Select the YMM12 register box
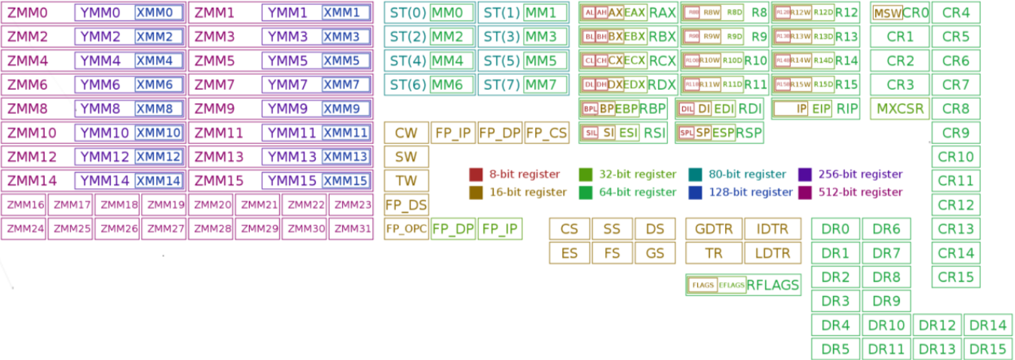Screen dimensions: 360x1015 pyautogui.click(x=104, y=157)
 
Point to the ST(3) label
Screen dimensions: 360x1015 pyautogui.click(x=501, y=36)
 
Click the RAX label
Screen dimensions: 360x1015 pyautogui.click(x=662, y=12)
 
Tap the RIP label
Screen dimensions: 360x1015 pyautogui.click(x=847, y=109)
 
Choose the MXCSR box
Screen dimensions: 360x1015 pyautogui.click(x=899, y=109)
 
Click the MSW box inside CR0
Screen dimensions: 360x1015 pyautogui.click(x=887, y=13)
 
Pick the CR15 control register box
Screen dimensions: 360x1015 pyautogui.click(x=955, y=277)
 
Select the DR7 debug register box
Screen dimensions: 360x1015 pyautogui.click(x=886, y=253)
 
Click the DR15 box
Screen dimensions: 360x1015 pyautogui.click(x=987, y=349)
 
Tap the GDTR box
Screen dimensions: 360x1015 pyautogui.click(x=714, y=229)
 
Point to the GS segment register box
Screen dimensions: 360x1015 pyautogui.click(x=655, y=253)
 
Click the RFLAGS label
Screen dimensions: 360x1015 pyautogui.click(x=773, y=285)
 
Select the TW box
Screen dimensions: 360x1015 pyautogui.click(x=406, y=181)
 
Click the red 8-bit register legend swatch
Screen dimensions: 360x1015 pyautogui.click(x=476, y=174)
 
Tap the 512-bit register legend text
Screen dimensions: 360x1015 pyautogui.click(x=860, y=192)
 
